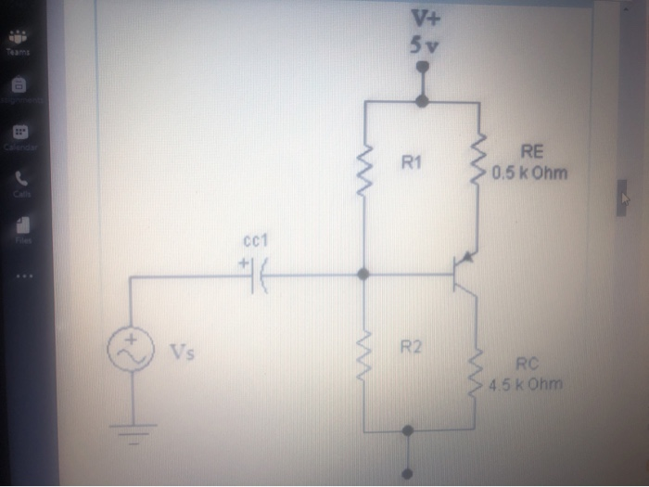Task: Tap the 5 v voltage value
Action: (424, 45)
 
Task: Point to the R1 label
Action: (412, 163)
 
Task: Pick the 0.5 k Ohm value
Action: (530, 173)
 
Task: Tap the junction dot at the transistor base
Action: (363, 275)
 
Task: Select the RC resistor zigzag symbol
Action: (479, 371)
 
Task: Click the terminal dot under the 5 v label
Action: (423, 68)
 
